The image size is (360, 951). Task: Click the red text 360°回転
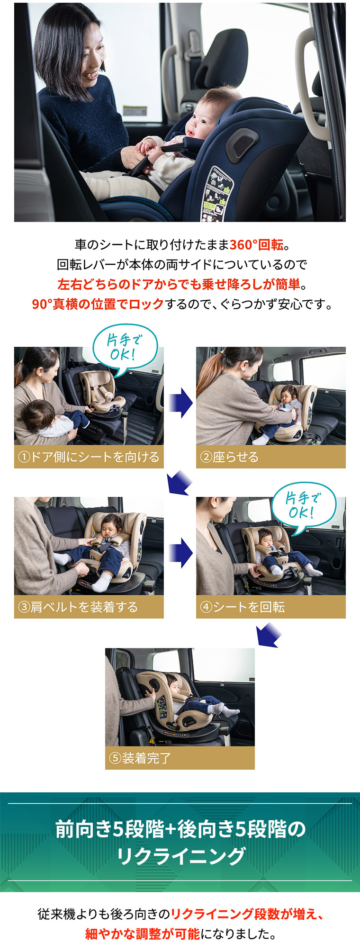click(256, 245)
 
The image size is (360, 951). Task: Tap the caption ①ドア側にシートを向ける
click(89, 457)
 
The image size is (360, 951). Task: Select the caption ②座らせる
click(229, 457)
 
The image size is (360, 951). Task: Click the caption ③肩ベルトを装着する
click(78, 607)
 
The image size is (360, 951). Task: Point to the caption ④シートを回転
click(243, 607)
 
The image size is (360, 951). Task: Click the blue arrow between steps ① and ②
click(180, 403)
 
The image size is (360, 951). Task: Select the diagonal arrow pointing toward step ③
click(180, 483)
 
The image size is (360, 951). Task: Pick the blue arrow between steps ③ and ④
click(180, 553)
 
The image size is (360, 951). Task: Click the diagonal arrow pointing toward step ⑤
click(269, 635)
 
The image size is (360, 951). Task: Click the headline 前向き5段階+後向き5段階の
click(180, 828)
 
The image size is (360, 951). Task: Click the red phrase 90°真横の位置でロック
click(98, 304)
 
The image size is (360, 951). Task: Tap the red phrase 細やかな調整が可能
click(143, 933)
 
